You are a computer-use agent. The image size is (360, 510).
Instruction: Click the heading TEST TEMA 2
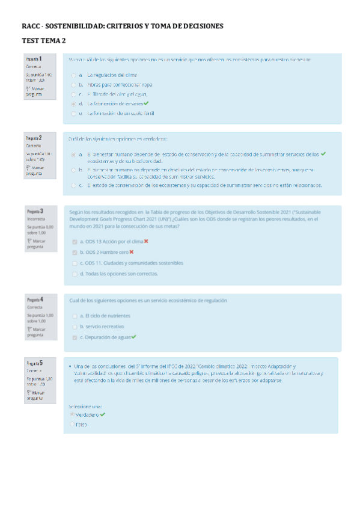click(x=44, y=40)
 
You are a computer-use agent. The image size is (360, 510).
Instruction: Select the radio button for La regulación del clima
click(x=73, y=76)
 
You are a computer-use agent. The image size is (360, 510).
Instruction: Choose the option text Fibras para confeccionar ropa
click(x=120, y=85)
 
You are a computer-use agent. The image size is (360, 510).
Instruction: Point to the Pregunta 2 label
click(x=33, y=138)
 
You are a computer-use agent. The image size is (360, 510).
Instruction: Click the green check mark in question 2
click(x=323, y=154)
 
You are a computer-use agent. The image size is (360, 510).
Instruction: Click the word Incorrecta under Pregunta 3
click(x=36, y=220)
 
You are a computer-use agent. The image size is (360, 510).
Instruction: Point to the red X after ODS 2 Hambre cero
click(x=132, y=252)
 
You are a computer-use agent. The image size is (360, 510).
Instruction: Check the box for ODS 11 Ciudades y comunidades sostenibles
click(x=75, y=263)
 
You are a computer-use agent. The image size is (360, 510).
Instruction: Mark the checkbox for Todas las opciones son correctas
click(x=75, y=274)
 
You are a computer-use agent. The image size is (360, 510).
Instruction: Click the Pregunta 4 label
click(x=34, y=299)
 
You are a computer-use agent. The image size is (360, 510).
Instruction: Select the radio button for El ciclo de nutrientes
click(x=75, y=316)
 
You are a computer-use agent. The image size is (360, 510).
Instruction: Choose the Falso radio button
click(x=72, y=425)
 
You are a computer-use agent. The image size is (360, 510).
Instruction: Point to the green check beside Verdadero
click(x=103, y=414)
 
